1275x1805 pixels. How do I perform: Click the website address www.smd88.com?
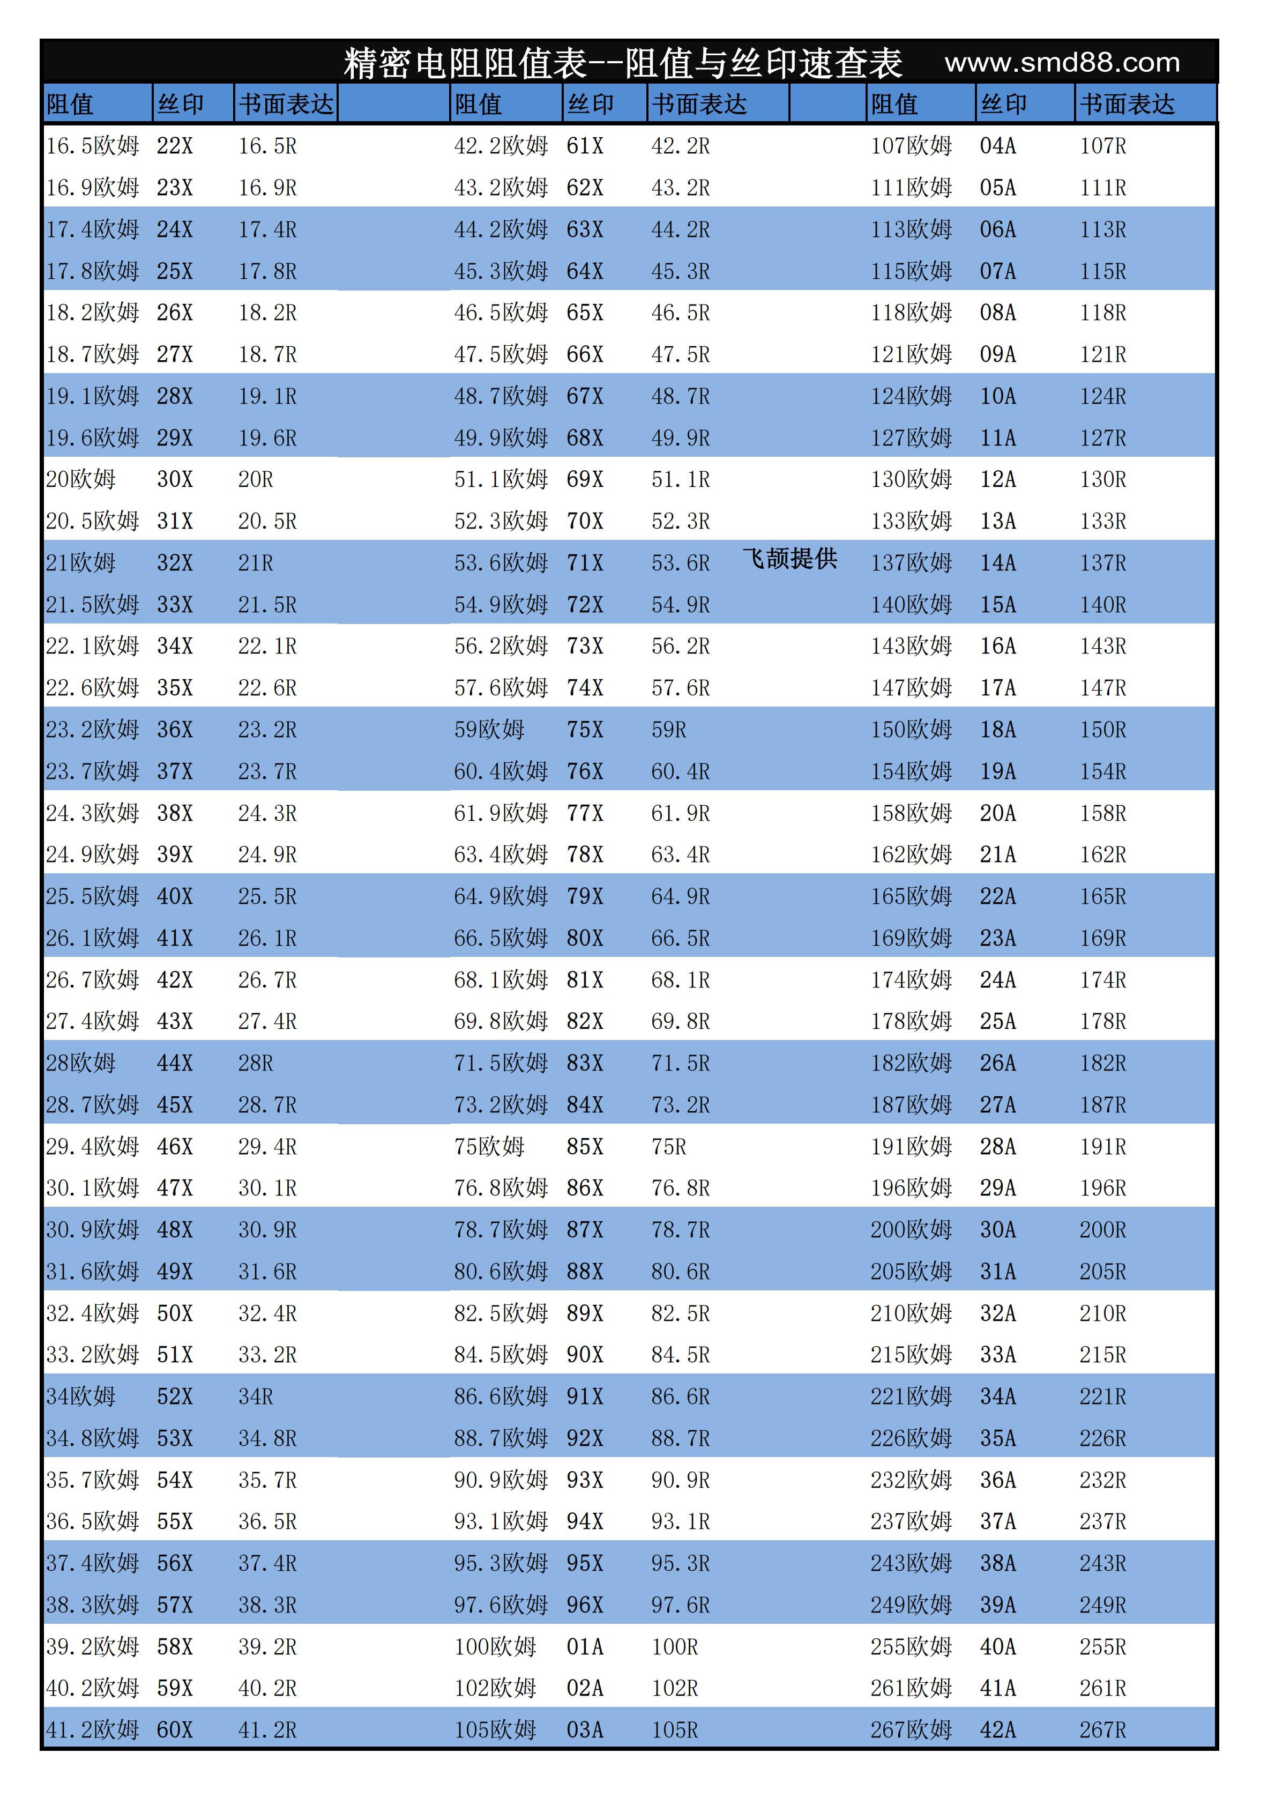pyautogui.click(x=1062, y=63)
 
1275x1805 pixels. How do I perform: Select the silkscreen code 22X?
pyautogui.click(x=175, y=146)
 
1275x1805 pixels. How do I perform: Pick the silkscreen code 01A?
pyautogui.click(x=585, y=1646)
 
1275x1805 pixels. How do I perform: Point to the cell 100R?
pyautogui.click(x=674, y=1646)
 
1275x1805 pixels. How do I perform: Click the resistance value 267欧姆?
pyautogui.click(x=910, y=1729)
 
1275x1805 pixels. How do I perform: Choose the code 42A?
pyautogui.click(x=997, y=1729)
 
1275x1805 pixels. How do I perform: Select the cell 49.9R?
pyautogui.click(x=680, y=438)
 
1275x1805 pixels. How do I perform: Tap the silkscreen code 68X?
pyautogui.click(x=585, y=438)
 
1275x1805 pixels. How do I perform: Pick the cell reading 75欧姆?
pyautogui.click(x=489, y=1146)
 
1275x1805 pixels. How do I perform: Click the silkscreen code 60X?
pyautogui.click(x=175, y=1729)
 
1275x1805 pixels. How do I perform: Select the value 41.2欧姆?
pyautogui.click(x=92, y=1729)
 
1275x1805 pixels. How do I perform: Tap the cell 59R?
pyautogui.click(x=668, y=730)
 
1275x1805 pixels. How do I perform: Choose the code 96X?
pyautogui.click(x=585, y=1605)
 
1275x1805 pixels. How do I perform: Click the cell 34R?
pyautogui.click(x=256, y=1396)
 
